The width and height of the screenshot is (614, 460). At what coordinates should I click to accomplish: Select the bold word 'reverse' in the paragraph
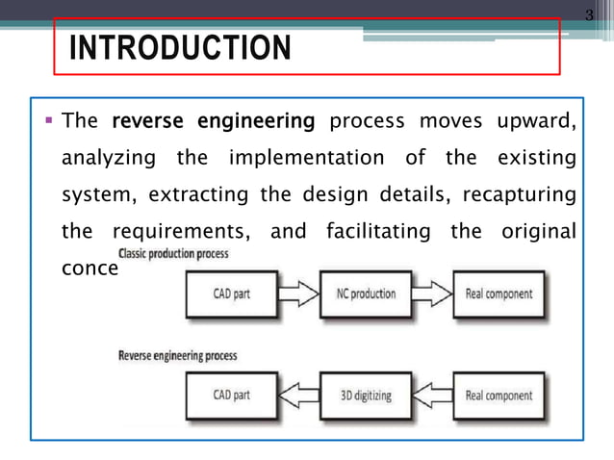149,122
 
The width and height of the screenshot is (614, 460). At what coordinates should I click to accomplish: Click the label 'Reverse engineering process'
177,356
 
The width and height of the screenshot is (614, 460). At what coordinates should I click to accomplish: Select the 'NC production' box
368,294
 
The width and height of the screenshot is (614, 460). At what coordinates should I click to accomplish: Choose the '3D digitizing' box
368,396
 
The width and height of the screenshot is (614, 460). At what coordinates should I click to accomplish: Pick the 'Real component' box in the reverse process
499,396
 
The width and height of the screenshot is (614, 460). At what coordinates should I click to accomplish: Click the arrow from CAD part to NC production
298,294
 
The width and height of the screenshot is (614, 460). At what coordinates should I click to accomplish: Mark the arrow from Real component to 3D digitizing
434,396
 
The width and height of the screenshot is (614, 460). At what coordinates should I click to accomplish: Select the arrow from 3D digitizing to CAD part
298,396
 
